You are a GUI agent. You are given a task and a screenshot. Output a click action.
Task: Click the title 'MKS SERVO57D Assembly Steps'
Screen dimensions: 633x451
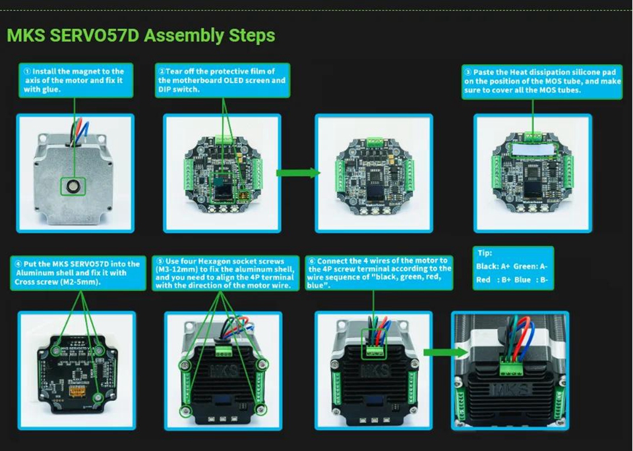point(141,36)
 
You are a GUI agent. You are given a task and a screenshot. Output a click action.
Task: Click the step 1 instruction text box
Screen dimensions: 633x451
point(76,80)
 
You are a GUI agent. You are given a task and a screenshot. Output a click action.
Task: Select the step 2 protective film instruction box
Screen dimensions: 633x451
point(222,80)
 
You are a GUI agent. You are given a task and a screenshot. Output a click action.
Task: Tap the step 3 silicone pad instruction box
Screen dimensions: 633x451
point(542,82)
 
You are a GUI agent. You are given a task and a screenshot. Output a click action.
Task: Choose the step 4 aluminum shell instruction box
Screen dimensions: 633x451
point(78,273)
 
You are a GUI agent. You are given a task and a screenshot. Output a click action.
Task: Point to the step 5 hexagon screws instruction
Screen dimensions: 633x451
point(226,273)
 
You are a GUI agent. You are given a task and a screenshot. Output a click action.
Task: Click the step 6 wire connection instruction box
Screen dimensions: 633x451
point(378,273)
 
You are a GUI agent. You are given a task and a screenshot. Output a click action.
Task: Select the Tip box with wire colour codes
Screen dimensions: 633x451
point(513,268)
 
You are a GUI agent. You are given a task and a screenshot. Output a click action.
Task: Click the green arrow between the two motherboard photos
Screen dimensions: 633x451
point(298,173)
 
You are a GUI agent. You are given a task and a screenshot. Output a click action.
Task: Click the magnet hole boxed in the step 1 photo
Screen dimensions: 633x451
point(73,186)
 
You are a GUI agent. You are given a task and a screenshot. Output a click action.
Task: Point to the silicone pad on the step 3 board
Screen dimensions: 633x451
point(533,150)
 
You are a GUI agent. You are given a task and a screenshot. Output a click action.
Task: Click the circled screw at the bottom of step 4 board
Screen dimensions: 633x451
point(98,398)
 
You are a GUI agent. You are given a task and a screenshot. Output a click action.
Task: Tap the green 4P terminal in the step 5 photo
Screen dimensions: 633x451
point(224,351)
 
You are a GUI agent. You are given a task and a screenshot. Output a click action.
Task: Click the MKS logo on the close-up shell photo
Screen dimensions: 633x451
point(510,389)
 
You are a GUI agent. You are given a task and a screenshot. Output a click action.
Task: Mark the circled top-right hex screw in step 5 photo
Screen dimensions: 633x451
point(262,364)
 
